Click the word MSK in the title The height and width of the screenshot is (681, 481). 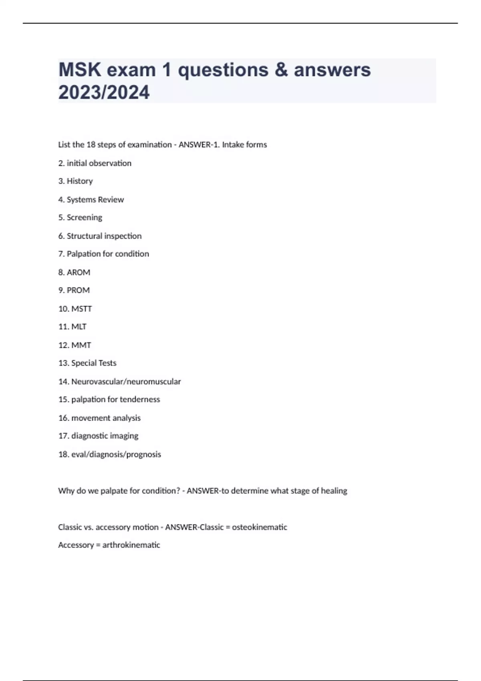(79, 70)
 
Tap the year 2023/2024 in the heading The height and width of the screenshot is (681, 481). (104, 92)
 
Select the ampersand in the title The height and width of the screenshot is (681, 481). (281, 70)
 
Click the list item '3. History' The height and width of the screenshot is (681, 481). (75, 181)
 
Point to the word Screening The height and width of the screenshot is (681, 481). (84, 218)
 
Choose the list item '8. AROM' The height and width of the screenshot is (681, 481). (74, 272)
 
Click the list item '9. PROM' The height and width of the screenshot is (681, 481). (74, 290)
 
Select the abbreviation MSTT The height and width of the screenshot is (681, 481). (81, 309)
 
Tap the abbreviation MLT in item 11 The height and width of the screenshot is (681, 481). (79, 326)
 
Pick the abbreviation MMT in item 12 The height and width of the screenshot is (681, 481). (81, 345)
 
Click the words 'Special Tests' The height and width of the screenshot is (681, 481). (94, 363)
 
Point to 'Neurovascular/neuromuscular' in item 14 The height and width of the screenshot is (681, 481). (126, 381)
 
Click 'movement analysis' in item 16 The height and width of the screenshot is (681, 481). (106, 418)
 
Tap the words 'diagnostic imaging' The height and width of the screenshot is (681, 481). (105, 436)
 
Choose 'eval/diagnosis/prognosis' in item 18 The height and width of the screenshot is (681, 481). (116, 454)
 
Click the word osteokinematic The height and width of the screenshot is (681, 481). (259, 527)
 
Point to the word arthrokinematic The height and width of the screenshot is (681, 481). (131, 545)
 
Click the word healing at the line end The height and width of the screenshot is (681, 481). (334, 491)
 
